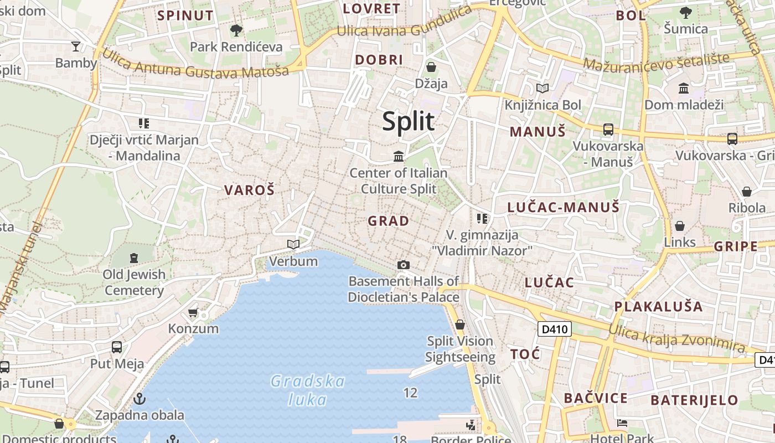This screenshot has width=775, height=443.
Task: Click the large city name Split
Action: [408, 121]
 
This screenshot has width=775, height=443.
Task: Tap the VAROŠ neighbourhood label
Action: [249, 190]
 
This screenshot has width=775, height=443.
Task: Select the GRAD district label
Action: [389, 221]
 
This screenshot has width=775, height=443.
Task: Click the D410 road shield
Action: [554, 329]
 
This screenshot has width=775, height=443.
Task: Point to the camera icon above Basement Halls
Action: [404, 265]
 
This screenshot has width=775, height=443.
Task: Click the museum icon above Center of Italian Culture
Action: [399, 156]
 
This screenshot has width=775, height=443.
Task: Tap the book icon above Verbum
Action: [293, 244]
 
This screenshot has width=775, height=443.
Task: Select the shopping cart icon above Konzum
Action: [193, 313]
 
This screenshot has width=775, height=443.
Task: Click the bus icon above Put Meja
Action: [117, 347]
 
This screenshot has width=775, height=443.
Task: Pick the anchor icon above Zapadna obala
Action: [140, 398]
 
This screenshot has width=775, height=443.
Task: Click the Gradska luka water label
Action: [308, 390]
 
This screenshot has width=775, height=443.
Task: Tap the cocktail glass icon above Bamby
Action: [76, 47]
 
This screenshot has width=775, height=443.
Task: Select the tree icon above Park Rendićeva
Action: [236, 30]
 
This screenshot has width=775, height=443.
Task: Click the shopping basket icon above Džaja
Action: [431, 67]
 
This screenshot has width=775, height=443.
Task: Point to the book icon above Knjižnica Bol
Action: [542, 88]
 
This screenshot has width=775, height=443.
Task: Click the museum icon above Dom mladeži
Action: [684, 88]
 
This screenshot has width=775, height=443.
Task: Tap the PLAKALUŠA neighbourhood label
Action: [658, 306]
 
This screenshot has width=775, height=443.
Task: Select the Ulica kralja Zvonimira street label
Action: [676, 337]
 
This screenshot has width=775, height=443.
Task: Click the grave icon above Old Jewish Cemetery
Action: [134, 257]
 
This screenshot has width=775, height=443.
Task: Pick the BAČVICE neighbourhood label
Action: [596, 398]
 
